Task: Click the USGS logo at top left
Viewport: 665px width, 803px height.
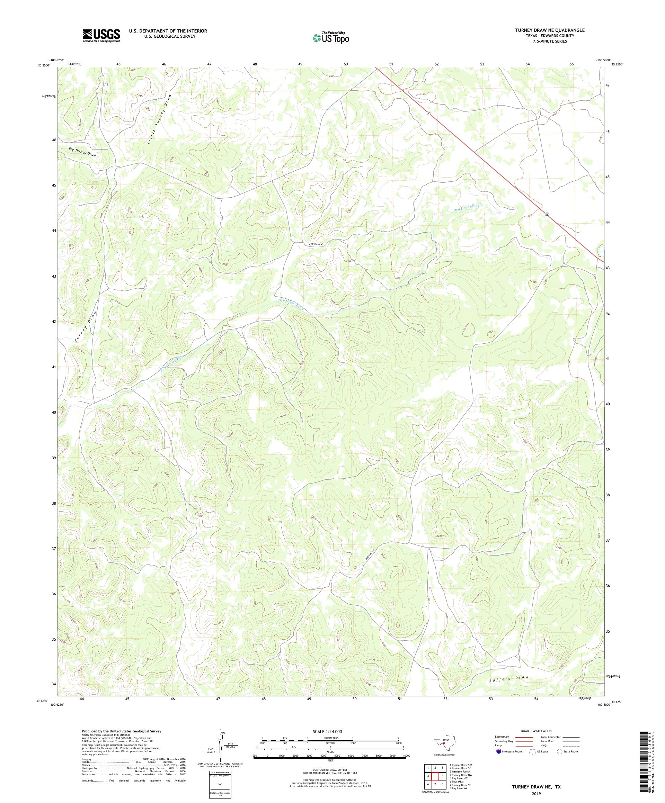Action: coord(101,36)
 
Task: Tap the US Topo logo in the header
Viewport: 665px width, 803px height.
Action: coord(331,37)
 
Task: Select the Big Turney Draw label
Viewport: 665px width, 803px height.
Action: coord(82,152)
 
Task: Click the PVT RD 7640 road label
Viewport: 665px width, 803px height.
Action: coord(319,244)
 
